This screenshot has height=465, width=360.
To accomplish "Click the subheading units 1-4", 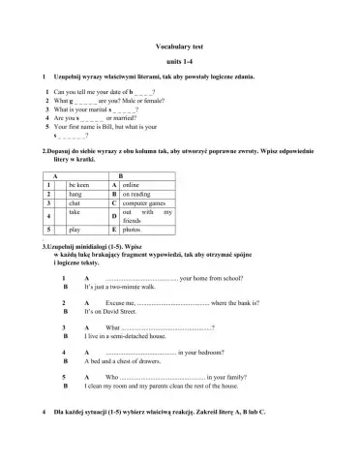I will click(180, 61).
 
